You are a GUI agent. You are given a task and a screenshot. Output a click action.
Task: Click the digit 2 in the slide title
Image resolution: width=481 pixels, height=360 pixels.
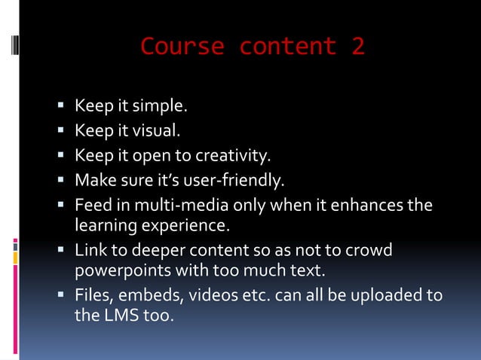coord(357,47)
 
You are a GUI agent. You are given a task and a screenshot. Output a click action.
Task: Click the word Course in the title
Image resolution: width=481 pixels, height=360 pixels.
coord(182,47)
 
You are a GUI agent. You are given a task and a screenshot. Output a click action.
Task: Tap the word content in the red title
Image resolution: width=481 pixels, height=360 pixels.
coord(287,47)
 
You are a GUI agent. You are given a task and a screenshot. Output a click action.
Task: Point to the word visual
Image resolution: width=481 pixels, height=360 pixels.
coord(156,131)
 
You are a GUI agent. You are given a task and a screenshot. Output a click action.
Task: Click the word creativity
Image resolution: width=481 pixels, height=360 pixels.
coord(232,156)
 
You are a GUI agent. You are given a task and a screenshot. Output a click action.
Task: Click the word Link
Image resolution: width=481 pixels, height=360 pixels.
coord(90,249)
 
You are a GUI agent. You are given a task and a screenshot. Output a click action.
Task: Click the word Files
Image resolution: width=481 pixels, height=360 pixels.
coord(94,294)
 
